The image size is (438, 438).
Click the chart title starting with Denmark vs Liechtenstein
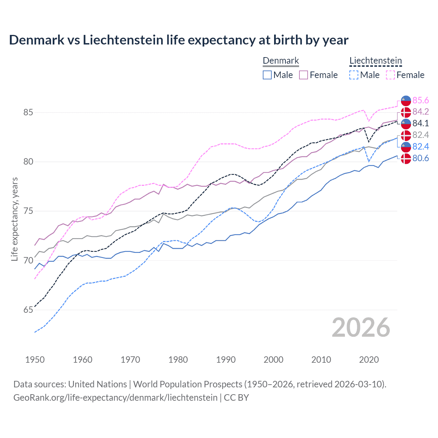point(179,40)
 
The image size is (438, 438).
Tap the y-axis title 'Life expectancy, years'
point(14,219)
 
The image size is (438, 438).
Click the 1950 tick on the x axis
point(35,360)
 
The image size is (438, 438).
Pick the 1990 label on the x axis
point(226,360)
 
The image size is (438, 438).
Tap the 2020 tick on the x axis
point(369,360)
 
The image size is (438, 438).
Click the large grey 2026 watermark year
point(361,327)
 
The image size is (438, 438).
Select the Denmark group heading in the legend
point(281,61)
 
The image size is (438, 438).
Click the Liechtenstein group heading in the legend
point(375,61)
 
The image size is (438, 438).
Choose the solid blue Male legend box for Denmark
point(267,75)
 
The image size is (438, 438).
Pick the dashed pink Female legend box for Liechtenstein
point(390,75)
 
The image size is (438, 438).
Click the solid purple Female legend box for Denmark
point(304,75)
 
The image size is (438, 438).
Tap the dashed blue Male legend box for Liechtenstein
point(354,75)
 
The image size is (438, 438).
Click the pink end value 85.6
point(421,100)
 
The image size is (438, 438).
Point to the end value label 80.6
point(421,158)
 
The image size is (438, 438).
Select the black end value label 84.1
point(421,123)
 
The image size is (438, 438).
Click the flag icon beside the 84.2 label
point(406,112)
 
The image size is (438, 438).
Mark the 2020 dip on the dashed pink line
point(369,121)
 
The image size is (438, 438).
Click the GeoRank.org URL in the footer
point(115,398)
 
